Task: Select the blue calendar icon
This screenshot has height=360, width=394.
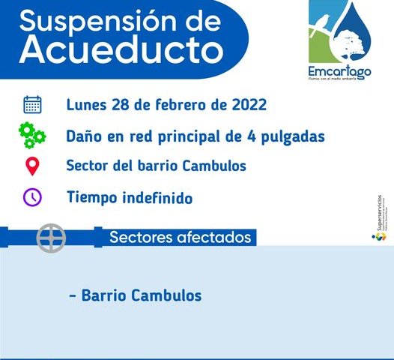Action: [32, 104]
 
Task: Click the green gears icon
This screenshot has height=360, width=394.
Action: [32, 136]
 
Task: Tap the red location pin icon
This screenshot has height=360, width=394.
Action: [32, 166]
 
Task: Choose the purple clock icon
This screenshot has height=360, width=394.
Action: [32, 198]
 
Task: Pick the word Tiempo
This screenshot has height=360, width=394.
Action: [90, 199]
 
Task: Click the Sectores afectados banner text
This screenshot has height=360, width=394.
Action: [180, 238]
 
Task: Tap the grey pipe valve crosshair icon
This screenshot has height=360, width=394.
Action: [52, 237]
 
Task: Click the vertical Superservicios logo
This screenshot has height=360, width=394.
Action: [380, 218]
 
